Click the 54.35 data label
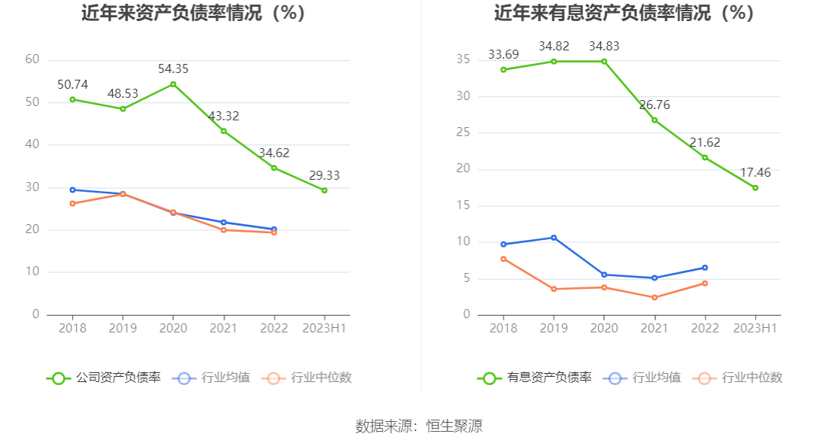coord(173,69)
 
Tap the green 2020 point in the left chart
coord(173,84)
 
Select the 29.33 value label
coord(324,175)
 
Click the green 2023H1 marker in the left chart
coord(324,190)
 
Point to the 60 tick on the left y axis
coord(32,59)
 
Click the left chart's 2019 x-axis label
coord(123,328)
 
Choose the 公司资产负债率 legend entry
coord(104,378)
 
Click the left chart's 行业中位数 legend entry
coord(307,378)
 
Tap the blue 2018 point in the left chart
coord(72,190)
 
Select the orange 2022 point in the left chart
coord(274,232)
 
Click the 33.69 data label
coord(503,54)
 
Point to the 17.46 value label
coord(755,172)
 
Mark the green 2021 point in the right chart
coord(654,120)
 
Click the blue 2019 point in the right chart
coord(554,238)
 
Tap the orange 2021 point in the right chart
coord(654,298)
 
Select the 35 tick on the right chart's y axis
coord(463,59)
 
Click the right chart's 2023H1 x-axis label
coord(755,328)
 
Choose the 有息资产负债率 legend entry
coord(535,378)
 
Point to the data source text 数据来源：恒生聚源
coord(418,426)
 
